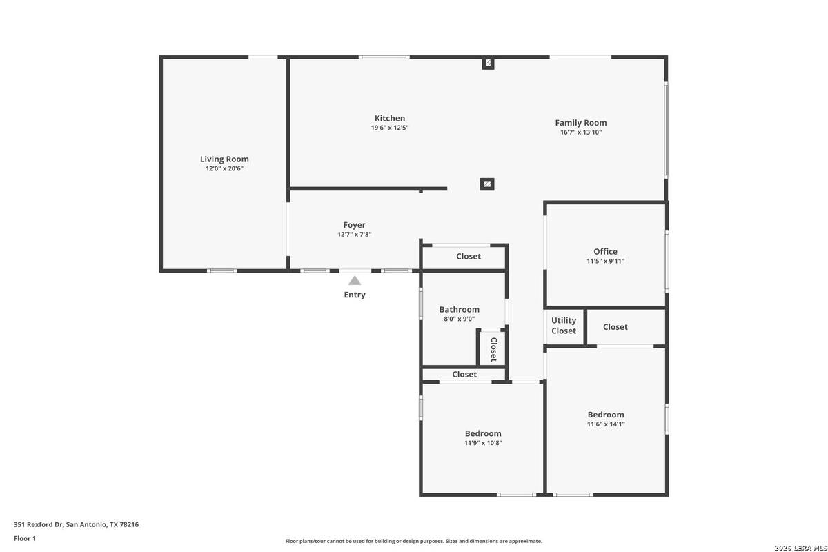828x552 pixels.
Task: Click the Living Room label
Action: point(224,159)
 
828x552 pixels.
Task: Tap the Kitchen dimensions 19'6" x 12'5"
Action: point(390,128)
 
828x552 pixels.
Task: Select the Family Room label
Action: point(581,123)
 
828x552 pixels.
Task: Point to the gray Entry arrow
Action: point(355,281)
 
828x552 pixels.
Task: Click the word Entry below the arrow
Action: point(355,295)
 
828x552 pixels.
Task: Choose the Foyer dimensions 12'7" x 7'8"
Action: point(354,235)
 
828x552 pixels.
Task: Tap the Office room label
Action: point(605,251)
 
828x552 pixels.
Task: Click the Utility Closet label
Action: point(563,326)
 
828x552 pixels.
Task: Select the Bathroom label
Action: point(459,309)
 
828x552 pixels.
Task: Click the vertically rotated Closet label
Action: point(493,349)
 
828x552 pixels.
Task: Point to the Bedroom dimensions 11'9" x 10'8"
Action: point(483,443)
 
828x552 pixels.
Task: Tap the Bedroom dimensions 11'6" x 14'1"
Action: point(606,424)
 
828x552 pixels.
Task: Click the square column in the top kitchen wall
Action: point(488,63)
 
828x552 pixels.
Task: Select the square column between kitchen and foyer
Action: point(487,184)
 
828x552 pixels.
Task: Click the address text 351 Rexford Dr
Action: point(39,524)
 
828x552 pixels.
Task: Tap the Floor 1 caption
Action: point(25,538)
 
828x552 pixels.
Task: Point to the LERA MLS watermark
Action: point(800,548)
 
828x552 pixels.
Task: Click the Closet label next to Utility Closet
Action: point(615,327)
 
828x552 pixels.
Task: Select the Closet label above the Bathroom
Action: point(469,256)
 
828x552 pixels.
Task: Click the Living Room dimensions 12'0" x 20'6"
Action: point(224,169)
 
